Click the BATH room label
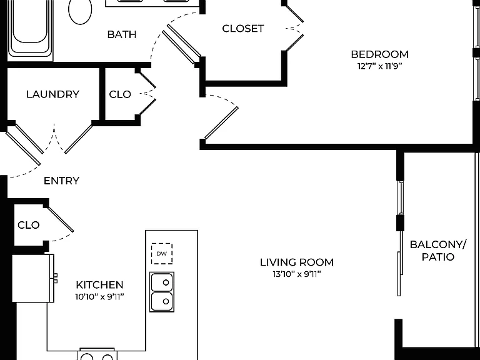pyautogui.click(x=122, y=34)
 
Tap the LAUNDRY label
pyautogui.click(x=52, y=94)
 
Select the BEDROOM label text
pyautogui.click(x=379, y=54)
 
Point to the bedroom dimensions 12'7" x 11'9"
pyautogui.click(x=379, y=66)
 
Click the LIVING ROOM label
pyautogui.click(x=297, y=262)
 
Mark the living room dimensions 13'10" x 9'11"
pyautogui.click(x=297, y=274)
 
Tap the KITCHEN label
pyautogui.click(x=99, y=285)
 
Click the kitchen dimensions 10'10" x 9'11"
pyautogui.click(x=99, y=297)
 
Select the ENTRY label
pyautogui.click(x=61, y=181)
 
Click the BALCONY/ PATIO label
pyautogui.click(x=438, y=251)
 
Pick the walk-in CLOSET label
pyautogui.click(x=242, y=29)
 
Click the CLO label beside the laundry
pyautogui.click(x=120, y=94)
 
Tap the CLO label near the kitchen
pyautogui.click(x=29, y=225)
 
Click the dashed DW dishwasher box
pyautogui.click(x=162, y=254)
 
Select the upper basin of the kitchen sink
pyautogui.click(x=162, y=282)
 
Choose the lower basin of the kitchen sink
pyautogui.click(x=162, y=301)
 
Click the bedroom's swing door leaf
pyautogui.click(x=222, y=123)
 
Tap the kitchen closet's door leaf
pyautogui.click(x=61, y=219)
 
